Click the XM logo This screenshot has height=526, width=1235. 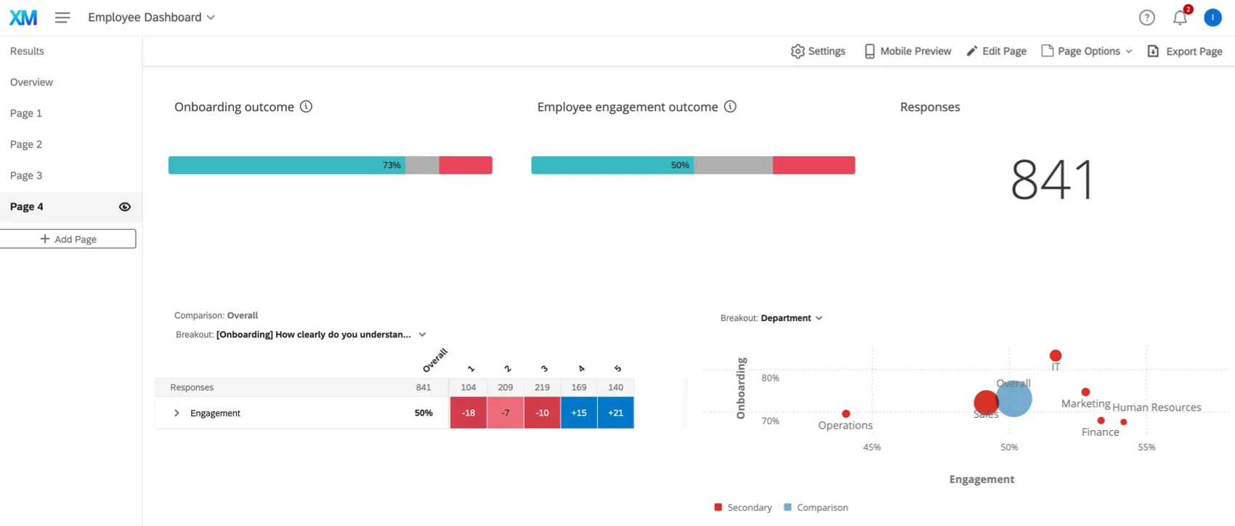coord(23,17)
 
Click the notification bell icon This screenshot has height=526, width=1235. coord(1180,17)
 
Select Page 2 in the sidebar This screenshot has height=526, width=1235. coord(26,145)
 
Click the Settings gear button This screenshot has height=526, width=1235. coord(818,51)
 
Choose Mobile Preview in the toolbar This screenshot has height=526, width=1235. coord(907,51)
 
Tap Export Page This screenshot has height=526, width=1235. coord(1185,51)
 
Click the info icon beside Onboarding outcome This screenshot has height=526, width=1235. coord(307,107)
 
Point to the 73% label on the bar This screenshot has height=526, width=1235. coord(392,165)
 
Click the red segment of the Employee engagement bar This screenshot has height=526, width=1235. coord(814,165)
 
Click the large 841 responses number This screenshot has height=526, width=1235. coord(1051,180)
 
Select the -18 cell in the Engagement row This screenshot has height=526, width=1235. coord(469,413)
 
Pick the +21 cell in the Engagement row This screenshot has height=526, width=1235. coord(615,413)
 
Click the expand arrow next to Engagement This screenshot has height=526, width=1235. coord(177,413)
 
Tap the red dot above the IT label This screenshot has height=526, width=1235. coord(1056,355)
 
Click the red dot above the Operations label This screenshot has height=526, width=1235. coord(846,413)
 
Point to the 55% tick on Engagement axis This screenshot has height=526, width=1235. coord(1146,448)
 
